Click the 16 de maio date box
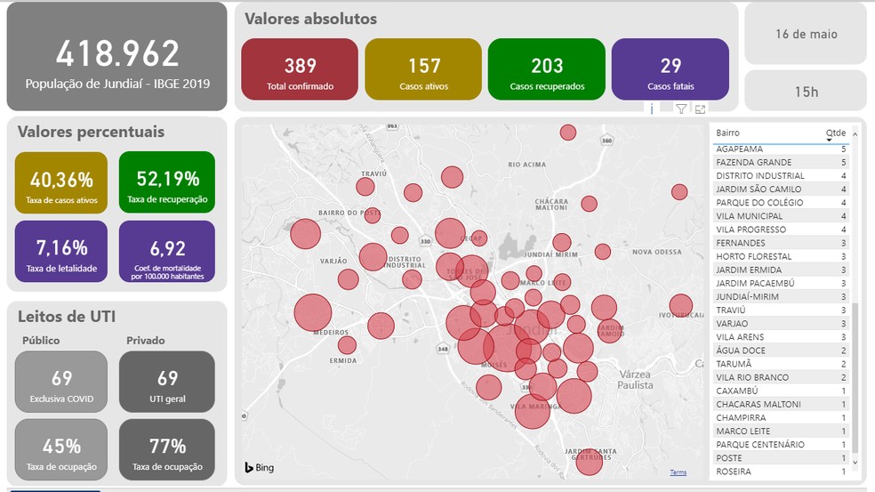click(806, 35)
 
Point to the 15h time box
click(806, 91)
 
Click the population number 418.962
click(117, 54)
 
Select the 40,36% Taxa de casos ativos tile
click(61, 183)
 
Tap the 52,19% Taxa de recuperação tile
click(167, 183)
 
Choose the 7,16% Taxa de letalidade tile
click(61, 252)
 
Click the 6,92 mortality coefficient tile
click(167, 252)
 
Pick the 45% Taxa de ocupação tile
click(61, 450)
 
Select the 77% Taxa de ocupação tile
click(167, 450)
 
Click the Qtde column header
click(836, 133)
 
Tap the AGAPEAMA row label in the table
click(740, 149)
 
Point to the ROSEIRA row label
click(734, 472)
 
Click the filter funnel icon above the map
click(681, 109)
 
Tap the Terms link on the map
click(678, 472)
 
